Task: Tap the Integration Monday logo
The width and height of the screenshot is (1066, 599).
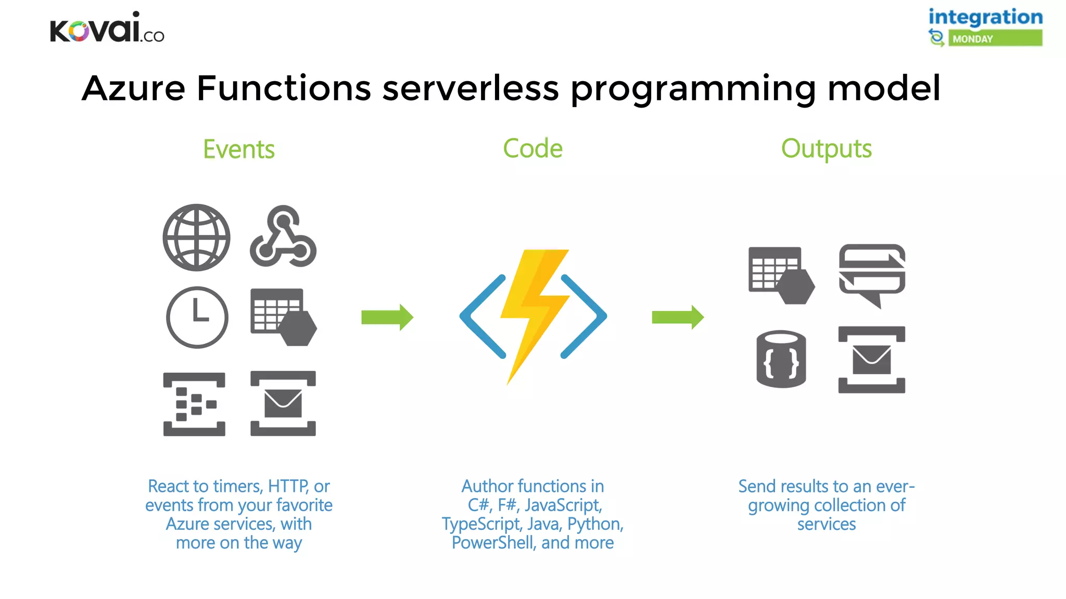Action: point(985,27)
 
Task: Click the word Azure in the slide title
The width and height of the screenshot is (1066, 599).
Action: point(134,88)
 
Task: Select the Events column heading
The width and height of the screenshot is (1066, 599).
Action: point(238,149)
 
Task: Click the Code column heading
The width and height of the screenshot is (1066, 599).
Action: point(532,149)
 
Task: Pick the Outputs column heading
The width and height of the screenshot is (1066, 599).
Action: point(826,149)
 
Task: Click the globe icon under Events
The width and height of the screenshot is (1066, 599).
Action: point(196,237)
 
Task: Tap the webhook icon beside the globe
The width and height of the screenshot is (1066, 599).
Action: point(283,237)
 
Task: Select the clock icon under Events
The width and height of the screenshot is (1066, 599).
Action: point(197,317)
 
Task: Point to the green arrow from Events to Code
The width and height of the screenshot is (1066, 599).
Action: point(387,317)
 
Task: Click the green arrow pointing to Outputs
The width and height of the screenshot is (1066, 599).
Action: point(677,317)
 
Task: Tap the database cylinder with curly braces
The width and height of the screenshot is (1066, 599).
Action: point(781,359)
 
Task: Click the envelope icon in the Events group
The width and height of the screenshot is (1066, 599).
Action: point(283,403)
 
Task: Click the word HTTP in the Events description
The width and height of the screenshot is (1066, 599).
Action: point(288,486)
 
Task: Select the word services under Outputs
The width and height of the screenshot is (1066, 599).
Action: point(826,524)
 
